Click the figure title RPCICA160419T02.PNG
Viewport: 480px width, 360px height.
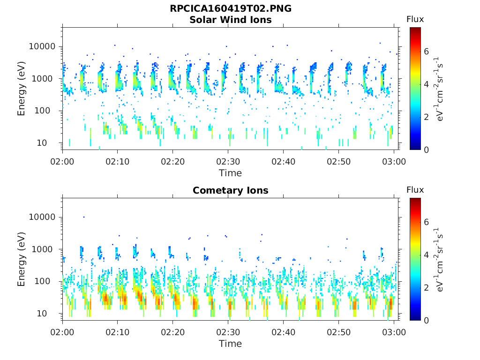[230, 9]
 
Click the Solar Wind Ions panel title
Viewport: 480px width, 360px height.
[230, 20]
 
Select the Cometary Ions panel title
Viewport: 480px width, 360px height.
[230, 190]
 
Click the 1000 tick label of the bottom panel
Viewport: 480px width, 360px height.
[45, 249]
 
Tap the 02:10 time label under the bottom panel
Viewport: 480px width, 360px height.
[118, 332]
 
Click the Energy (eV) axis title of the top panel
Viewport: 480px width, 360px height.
[22, 89]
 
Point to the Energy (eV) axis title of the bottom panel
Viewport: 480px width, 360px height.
[22, 259]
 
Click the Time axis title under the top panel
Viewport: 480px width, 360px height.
[230, 173]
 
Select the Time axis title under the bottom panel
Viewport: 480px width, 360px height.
[230, 344]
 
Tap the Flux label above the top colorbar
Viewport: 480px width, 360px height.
[415, 19]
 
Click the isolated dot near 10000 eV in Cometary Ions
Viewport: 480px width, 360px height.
[84, 217]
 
